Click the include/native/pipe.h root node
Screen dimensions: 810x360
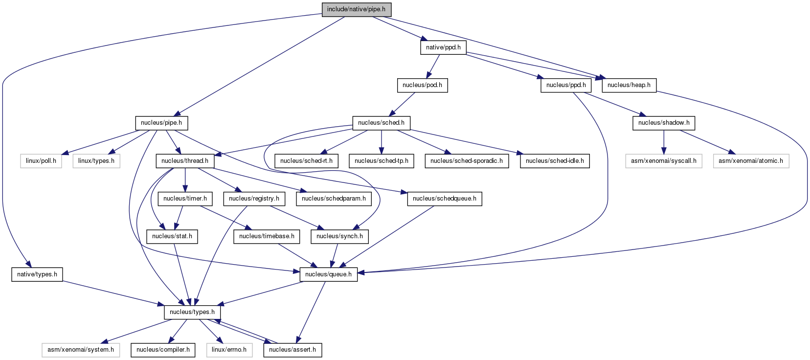(x=357, y=9)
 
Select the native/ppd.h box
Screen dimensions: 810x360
(x=443, y=48)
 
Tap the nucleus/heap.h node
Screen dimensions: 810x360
(x=629, y=85)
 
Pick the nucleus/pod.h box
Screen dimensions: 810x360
(x=422, y=85)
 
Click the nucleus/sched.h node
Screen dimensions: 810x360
(x=382, y=123)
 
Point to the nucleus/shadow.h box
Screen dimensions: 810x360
(x=664, y=123)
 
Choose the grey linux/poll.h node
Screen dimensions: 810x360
(x=41, y=161)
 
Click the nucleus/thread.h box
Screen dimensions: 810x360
(x=185, y=161)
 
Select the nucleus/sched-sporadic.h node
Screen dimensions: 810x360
(x=467, y=161)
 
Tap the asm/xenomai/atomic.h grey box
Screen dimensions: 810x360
(x=751, y=161)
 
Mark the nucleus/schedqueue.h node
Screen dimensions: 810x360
(x=445, y=199)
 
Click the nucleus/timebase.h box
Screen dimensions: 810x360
(x=267, y=236)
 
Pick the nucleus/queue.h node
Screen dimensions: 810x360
(x=329, y=275)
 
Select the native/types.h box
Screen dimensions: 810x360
(x=37, y=275)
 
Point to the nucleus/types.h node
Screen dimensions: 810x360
(x=192, y=312)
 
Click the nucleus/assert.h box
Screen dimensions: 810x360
(x=292, y=350)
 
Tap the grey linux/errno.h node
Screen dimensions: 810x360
(x=229, y=350)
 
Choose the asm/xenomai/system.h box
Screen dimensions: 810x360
(x=81, y=350)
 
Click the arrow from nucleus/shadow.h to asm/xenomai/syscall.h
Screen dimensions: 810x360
(x=664, y=142)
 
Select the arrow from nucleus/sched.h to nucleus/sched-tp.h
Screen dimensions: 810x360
(x=382, y=142)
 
